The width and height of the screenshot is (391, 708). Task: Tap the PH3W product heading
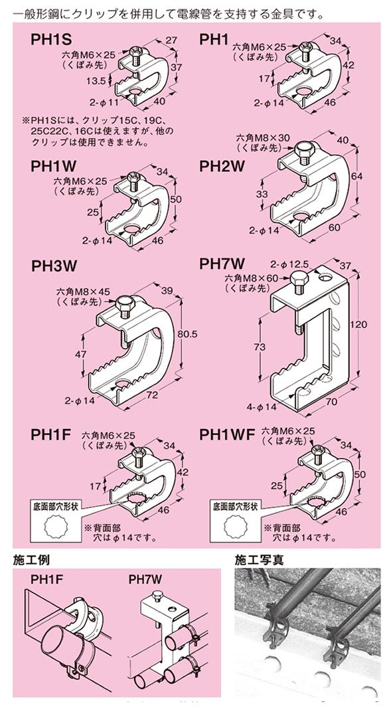click(x=54, y=266)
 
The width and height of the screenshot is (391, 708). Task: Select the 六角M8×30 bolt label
click(x=262, y=137)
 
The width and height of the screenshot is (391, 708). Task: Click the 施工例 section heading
click(x=31, y=560)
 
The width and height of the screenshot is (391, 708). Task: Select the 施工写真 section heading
click(x=260, y=560)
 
